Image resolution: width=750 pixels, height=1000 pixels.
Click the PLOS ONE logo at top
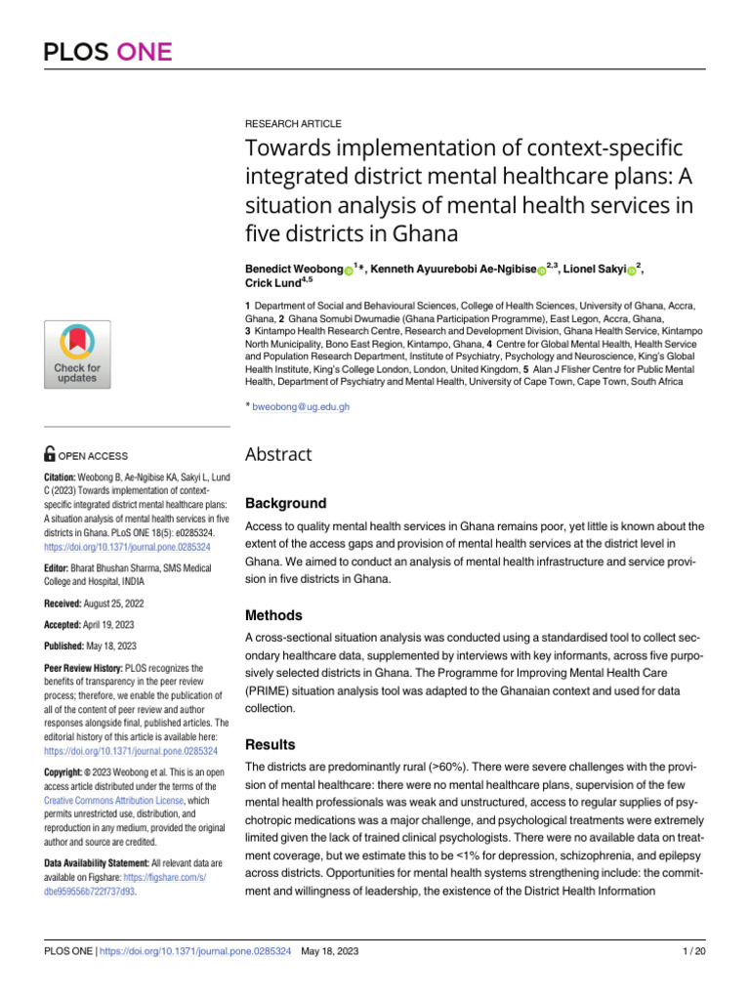tap(107, 52)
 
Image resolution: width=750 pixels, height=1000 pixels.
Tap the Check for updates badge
tap(77, 354)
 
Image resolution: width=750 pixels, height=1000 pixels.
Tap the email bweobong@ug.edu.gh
tap(300, 406)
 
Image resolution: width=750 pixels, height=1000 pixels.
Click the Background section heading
tap(285, 504)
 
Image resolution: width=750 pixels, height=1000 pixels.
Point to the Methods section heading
tap(273, 615)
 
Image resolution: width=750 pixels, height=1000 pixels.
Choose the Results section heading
tap(271, 743)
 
